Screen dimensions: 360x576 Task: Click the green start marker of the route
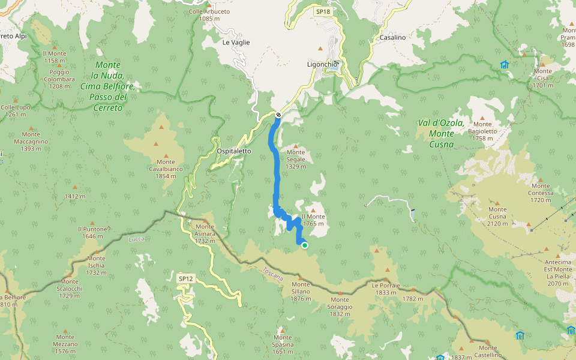305,245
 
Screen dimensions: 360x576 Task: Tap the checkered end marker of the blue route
278,115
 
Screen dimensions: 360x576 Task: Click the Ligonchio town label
323,64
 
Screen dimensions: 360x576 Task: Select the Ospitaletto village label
234,151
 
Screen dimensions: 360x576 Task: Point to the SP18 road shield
323,11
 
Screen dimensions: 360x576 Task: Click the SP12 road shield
186,278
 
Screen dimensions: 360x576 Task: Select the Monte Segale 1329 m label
296,163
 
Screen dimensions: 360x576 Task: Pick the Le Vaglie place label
236,43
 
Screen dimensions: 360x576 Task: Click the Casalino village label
392,37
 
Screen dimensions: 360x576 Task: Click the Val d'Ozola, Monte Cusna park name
441,133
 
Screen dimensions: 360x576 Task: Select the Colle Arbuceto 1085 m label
209,15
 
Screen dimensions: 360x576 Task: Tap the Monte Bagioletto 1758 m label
482,131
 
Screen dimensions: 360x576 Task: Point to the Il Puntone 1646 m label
92,232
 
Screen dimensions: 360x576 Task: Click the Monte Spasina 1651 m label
283,348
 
